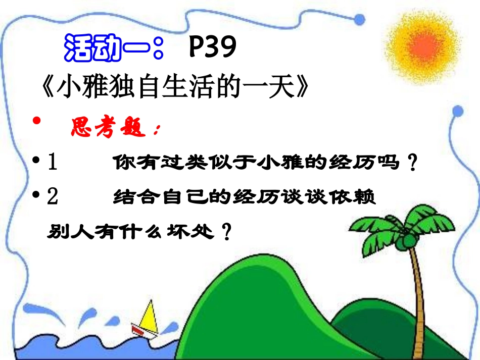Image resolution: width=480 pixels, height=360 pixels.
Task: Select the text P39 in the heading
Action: pos(212,48)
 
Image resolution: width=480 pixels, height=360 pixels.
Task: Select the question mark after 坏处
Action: pos(227,232)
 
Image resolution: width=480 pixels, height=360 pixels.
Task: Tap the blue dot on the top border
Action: pos(359,19)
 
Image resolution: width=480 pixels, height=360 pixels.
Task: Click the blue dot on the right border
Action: pos(457,110)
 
